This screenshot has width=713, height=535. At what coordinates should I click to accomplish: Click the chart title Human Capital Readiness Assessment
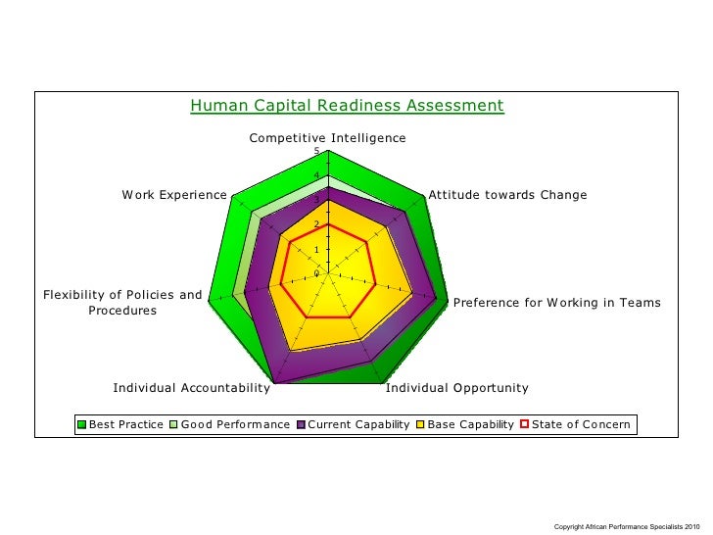[347, 106]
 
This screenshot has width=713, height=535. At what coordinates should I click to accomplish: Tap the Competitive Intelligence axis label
[327, 138]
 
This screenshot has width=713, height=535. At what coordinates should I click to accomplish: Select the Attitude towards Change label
[507, 195]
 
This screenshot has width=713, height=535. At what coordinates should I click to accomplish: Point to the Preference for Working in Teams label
[556, 303]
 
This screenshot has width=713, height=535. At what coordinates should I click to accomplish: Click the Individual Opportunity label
[456, 388]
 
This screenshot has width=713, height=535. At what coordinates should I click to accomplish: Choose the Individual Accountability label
[191, 388]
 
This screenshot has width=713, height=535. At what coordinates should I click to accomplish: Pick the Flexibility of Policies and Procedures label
[122, 303]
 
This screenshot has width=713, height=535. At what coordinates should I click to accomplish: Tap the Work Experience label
[173, 195]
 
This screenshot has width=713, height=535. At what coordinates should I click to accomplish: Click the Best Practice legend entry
[125, 424]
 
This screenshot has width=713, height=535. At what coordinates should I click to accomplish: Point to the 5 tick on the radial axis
[316, 151]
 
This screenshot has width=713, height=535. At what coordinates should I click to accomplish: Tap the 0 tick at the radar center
[316, 273]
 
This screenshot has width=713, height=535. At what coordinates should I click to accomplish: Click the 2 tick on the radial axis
[316, 224]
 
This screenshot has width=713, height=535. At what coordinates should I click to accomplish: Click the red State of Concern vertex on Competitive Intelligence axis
[328, 224]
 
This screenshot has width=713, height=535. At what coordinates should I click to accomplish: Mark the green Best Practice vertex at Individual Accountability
[273, 384]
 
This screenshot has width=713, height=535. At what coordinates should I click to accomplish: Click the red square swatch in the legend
[524, 424]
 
